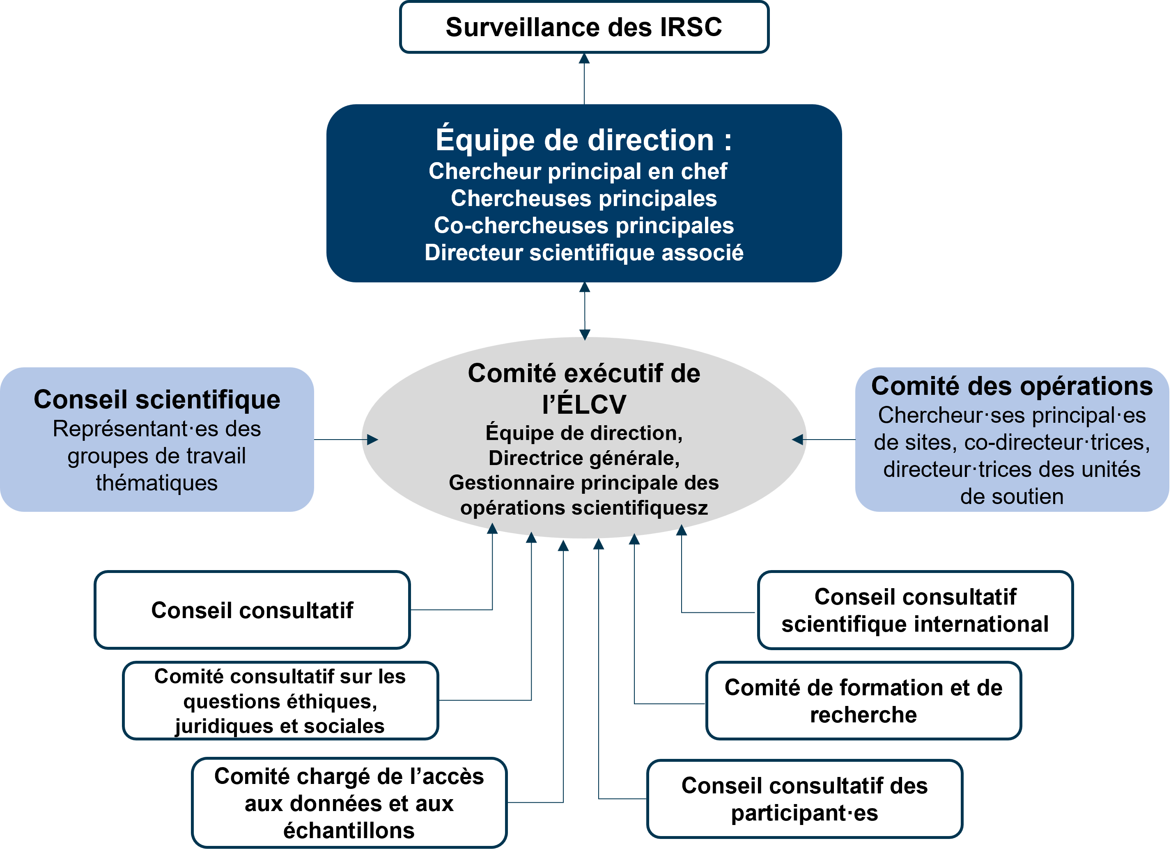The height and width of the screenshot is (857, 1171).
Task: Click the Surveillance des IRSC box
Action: [584, 27]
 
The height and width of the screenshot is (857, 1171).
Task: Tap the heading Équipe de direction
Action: [584, 140]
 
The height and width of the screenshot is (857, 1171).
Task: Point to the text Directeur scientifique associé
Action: [584, 253]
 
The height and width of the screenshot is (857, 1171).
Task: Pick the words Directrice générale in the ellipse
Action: [584, 458]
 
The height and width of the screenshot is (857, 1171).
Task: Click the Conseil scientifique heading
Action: [157, 399]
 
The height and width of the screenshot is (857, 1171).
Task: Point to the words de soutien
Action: [1012, 497]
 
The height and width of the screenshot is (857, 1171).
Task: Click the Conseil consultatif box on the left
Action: [252, 610]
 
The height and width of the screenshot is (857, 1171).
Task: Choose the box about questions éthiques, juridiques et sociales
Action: [280, 701]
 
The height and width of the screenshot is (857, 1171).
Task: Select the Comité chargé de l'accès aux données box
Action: [349, 803]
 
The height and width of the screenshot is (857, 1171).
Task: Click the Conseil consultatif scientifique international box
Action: [915, 610]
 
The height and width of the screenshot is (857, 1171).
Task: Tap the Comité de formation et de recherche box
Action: [863, 701]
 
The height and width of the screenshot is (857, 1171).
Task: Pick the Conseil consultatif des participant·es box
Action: [804, 799]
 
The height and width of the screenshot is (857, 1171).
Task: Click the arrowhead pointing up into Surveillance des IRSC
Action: [584, 59]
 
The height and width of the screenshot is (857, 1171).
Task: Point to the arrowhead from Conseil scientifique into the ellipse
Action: [372, 440]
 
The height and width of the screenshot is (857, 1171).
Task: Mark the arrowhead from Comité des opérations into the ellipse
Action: [798, 440]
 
